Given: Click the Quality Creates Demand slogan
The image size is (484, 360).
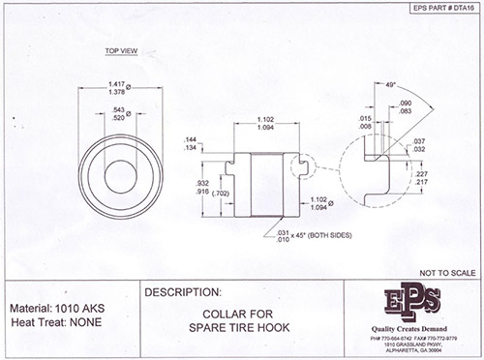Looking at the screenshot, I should tap(413, 326).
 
